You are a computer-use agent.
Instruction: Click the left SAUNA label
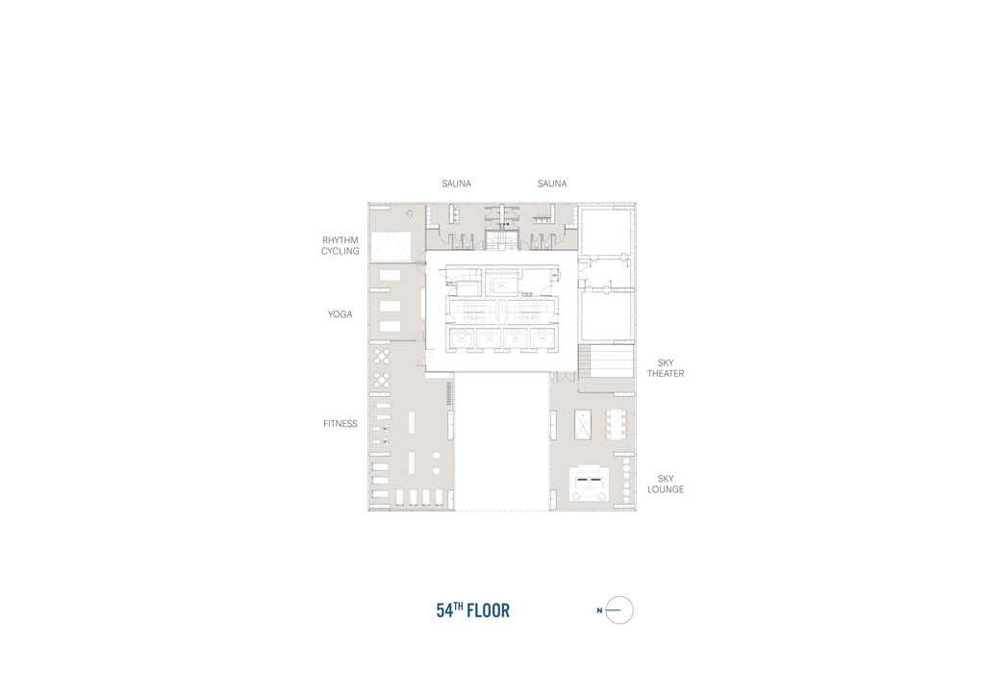click(456, 184)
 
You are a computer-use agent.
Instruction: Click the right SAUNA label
click(552, 184)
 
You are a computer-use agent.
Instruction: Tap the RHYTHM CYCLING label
click(341, 245)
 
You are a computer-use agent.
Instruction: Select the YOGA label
click(340, 314)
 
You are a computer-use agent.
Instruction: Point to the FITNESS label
click(341, 424)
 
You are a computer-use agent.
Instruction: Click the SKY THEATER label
click(666, 368)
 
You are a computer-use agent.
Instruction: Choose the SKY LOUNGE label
click(666, 484)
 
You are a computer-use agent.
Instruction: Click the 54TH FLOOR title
click(473, 610)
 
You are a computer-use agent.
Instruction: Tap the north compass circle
click(619, 610)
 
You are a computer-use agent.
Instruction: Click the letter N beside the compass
click(599, 610)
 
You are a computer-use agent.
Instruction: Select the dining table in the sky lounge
click(617, 424)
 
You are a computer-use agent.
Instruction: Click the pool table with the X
click(583, 424)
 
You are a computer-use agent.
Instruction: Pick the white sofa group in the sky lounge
click(590, 484)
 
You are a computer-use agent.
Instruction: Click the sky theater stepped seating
click(606, 360)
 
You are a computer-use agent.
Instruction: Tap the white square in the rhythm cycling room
click(391, 246)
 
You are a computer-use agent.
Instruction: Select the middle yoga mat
click(390, 307)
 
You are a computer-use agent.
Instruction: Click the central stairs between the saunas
click(501, 240)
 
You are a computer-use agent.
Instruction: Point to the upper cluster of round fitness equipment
click(382, 357)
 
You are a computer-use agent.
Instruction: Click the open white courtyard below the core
click(502, 442)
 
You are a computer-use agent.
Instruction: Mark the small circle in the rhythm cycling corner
click(410, 214)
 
